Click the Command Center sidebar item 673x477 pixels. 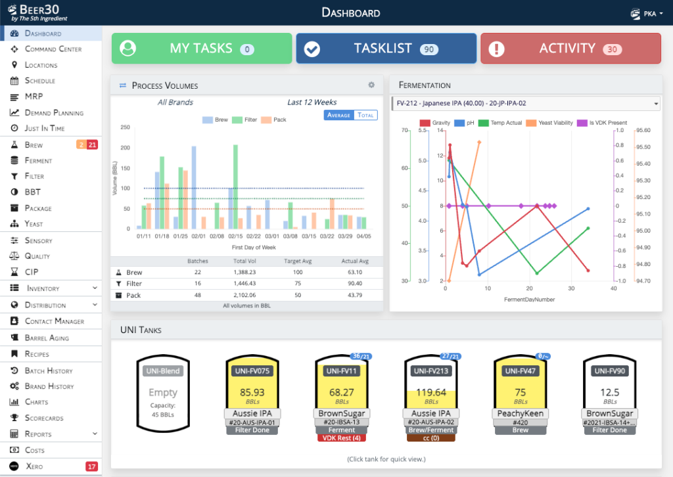[53, 49]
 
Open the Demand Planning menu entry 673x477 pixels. [54, 112]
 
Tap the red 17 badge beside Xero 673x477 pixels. [91, 466]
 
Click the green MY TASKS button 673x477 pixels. [201, 49]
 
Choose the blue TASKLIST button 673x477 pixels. [386, 49]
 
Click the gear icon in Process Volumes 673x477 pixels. [371, 85]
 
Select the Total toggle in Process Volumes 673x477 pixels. [365, 115]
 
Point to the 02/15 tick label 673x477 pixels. [235, 235]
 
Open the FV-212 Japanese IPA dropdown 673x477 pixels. [525, 104]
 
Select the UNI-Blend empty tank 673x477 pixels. [162, 393]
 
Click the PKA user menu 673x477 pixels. [644, 12]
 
